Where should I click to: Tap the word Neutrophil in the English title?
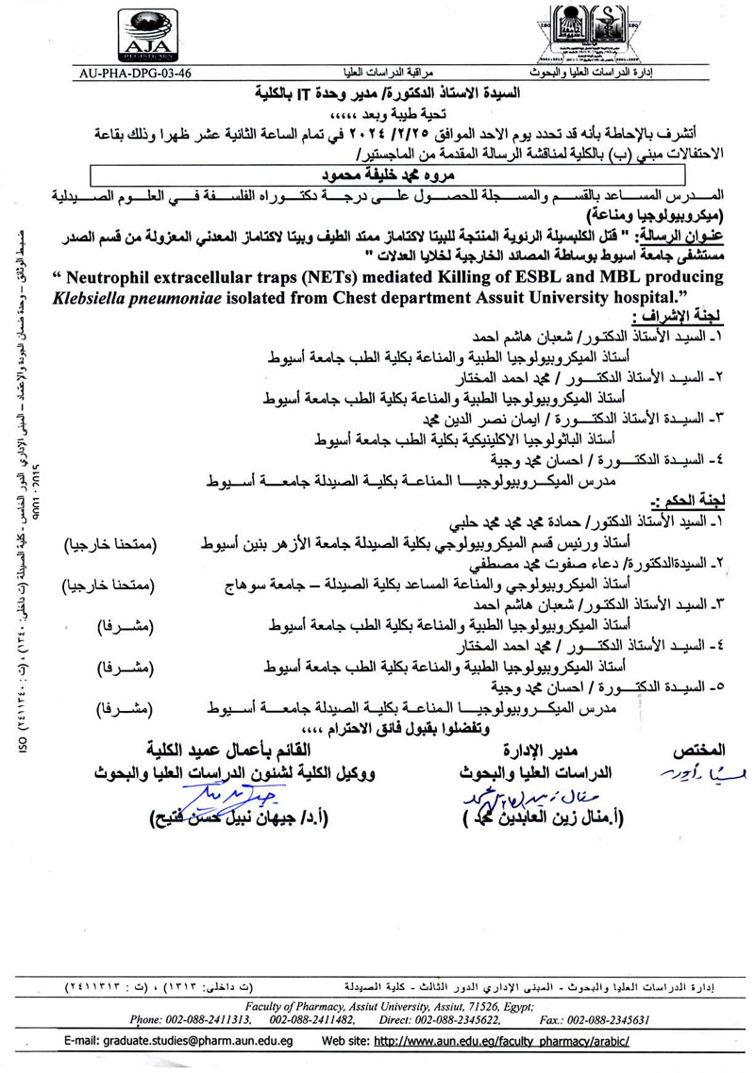106,276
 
